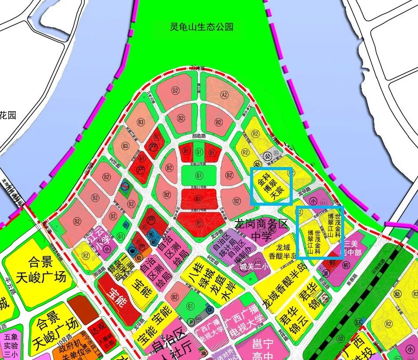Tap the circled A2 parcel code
(x=225, y=95)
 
